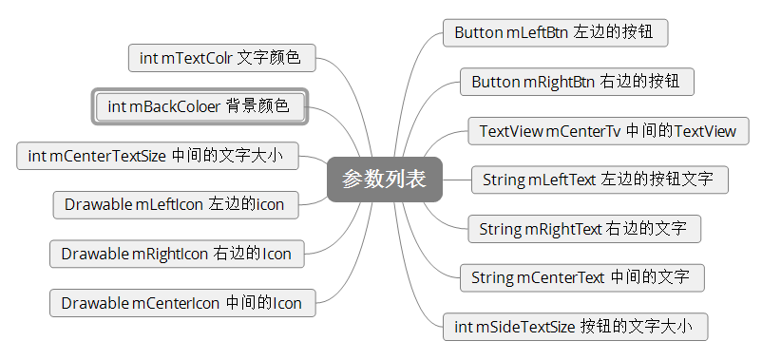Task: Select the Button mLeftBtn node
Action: [555, 32]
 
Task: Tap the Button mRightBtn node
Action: [577, 82]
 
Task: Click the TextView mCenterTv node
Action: [608, 131]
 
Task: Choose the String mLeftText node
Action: [600, 180]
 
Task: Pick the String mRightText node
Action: [584, 229]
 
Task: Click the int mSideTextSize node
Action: [576, 328]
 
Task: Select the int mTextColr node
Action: [221, 58]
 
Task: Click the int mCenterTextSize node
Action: [157, 156]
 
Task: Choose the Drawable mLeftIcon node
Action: [174, 204]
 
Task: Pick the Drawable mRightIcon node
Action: [177, 254]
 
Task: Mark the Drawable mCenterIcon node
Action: [181, 303]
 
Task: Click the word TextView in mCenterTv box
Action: [511, 131]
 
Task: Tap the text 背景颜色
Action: [257, 106]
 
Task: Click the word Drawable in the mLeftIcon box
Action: [98, 204]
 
